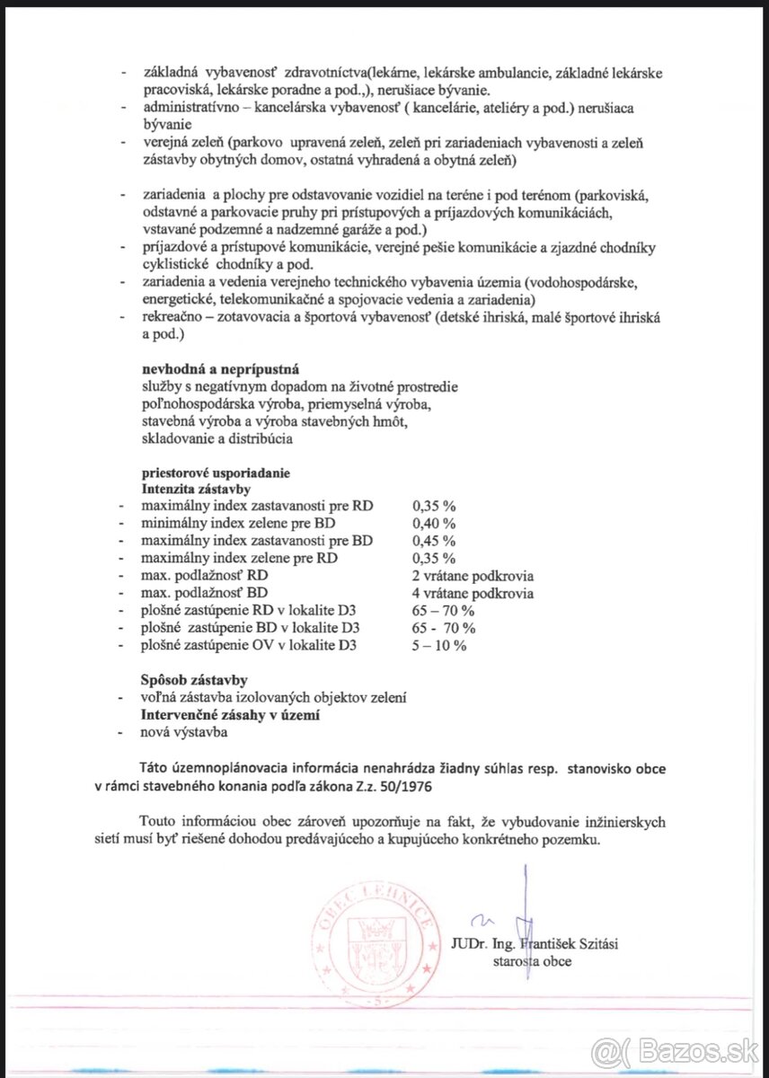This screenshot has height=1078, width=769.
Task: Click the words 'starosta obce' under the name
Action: click(x=531, y=960)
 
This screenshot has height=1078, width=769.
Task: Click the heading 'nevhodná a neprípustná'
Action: click(x=220, y=369)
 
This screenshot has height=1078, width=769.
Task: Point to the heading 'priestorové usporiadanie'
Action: click(x=216, y=473)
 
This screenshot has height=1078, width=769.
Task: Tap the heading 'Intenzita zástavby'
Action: click(x=196, y=489)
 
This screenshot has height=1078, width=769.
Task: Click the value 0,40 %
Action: click(x=433, y=524)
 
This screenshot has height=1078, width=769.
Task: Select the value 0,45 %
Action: click(x=433, y=541)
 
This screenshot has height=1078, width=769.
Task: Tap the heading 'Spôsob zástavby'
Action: click(x=194, y=680)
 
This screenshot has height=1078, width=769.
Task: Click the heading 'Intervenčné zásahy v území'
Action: click(x=231, y=715)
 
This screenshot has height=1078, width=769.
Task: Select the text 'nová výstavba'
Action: click(x=184, y=732)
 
